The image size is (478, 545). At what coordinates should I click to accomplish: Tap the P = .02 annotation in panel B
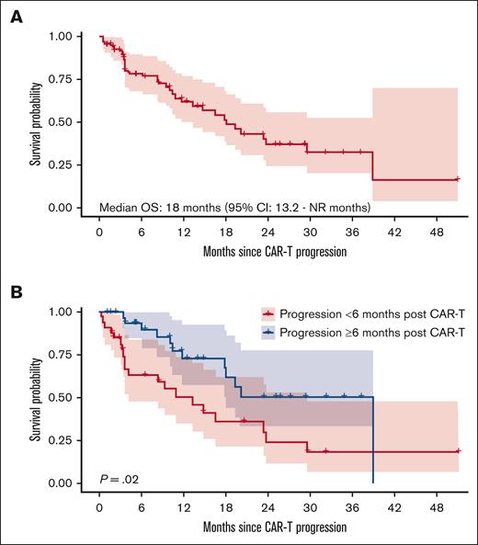120,478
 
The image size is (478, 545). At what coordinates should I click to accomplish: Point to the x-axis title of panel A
277,252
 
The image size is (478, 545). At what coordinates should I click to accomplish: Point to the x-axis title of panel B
277,528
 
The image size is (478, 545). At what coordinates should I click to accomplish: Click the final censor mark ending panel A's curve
457,179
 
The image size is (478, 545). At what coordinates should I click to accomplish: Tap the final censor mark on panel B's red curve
457,451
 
